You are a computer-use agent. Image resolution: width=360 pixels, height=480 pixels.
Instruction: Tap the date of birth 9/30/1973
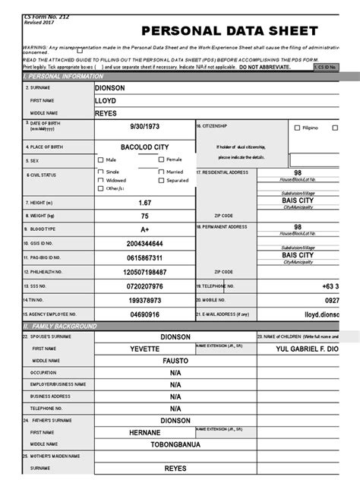pyautogui.click(x=145, y=128)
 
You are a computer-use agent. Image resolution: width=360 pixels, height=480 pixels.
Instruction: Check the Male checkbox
pyautogui.click(x=101, y=160)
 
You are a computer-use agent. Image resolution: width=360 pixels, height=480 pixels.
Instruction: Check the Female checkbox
pyautogui.click(x=162, y=159)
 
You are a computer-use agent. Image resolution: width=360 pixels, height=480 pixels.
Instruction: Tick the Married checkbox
pyautogui.click(x=162, y=172)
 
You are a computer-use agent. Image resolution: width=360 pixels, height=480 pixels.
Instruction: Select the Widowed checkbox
pyautogui.click(x=101, y=181)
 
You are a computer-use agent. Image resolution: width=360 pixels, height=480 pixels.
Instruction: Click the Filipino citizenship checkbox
pyautogui.click(x=297, y=128)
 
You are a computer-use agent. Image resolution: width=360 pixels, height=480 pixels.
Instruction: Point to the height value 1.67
pyautogui.click(x=145, y=203)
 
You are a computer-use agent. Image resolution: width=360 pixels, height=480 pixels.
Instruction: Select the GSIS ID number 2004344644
pyautogui.click(x=145, y=243)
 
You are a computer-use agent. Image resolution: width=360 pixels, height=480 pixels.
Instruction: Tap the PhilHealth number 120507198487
pyautogui.click(x=145, y=271)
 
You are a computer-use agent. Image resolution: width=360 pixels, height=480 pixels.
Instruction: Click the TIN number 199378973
pyautogui.click(x=145, y=301)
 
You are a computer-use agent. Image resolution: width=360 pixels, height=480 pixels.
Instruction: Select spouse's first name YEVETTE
pyautogui.click(x=145, y=349)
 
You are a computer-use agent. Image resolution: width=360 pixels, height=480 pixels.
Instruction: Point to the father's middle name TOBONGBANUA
pyautogui.click(x=175, y=444)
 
